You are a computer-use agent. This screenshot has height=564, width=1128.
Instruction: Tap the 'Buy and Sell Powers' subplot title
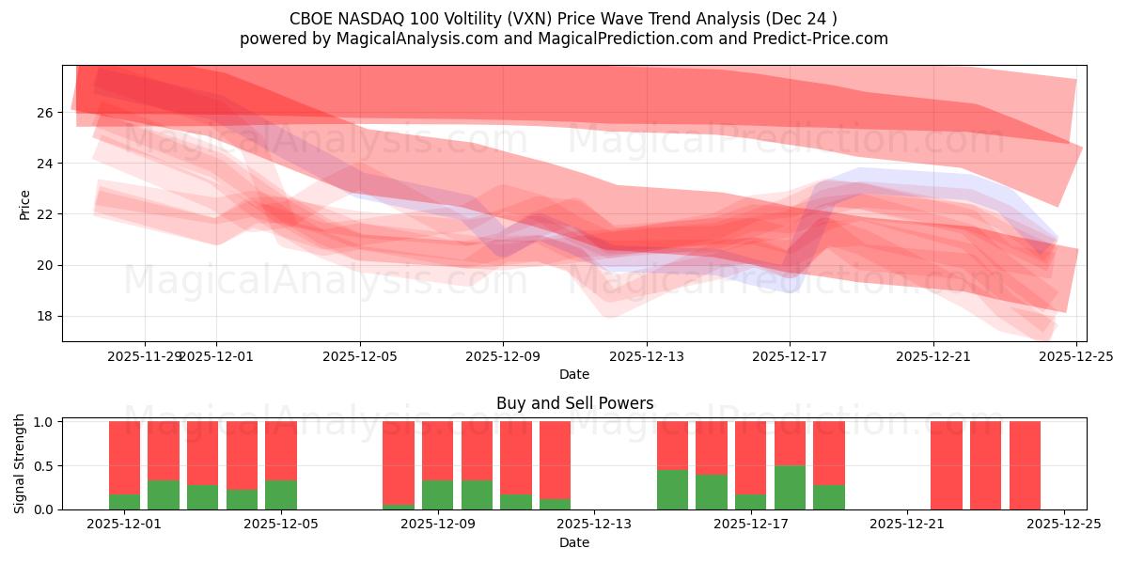tap(574, 403)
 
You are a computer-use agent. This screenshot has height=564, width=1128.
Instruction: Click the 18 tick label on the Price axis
tap(44, 316)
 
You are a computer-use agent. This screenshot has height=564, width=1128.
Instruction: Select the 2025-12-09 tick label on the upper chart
tap(503, 356)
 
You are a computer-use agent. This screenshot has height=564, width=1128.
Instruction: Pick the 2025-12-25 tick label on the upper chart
tap(1076, 356)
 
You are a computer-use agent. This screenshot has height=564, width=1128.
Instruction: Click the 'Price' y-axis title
tap(25, 204)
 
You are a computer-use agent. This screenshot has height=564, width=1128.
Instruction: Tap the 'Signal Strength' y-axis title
tap(20, 463)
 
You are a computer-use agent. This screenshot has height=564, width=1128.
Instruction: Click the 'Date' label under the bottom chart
tap(574, 542)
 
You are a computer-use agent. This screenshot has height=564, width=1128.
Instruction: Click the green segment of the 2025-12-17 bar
tap(750, 501)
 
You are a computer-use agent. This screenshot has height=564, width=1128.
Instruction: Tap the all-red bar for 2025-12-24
tap(1025, 465)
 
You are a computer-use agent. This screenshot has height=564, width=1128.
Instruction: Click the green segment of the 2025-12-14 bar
tap(672, 490)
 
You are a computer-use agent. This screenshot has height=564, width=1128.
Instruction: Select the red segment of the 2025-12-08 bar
tap(399, 461)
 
